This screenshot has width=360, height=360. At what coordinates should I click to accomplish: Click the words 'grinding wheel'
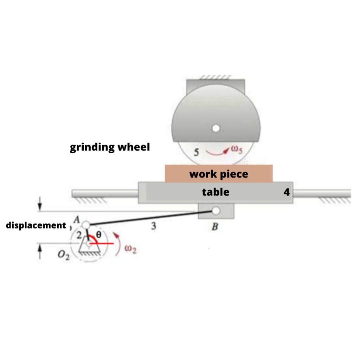110,147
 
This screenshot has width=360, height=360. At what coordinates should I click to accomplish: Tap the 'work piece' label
219,174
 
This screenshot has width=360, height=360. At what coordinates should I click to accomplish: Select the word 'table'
216,192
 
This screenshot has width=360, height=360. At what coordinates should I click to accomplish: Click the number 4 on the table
287,192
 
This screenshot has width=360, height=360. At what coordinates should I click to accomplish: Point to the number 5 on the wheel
197,152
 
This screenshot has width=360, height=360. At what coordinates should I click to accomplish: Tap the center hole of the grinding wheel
216,128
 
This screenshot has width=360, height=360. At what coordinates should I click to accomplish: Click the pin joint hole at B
216,211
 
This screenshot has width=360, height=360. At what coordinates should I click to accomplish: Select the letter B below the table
215,227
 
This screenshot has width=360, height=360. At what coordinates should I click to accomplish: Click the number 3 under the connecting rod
153,226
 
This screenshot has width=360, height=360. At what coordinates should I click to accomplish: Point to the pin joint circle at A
86,225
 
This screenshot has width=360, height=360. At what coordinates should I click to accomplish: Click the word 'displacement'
36,225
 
